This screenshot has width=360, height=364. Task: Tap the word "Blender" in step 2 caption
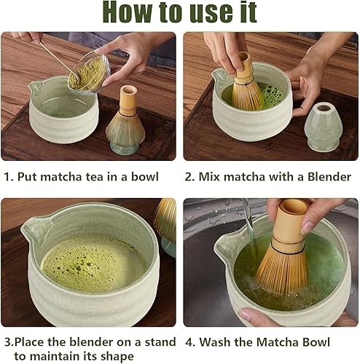pos(329,177)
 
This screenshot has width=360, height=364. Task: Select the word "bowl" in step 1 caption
pos(145,176)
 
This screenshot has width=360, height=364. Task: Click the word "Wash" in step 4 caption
pos(214,342)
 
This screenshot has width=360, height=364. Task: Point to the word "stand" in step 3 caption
pos(160,342)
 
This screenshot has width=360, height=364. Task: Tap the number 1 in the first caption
pos(7,177)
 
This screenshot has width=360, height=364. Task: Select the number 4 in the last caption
pos(189,342)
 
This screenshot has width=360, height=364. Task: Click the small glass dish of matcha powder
pos(90,72)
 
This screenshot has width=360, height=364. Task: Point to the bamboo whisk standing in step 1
pos(125,118)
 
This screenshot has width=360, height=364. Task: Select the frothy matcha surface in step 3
pos(93,264)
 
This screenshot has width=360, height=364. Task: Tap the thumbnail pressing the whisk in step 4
pos(308,228)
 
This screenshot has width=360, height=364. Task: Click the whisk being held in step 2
pos(246,82)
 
